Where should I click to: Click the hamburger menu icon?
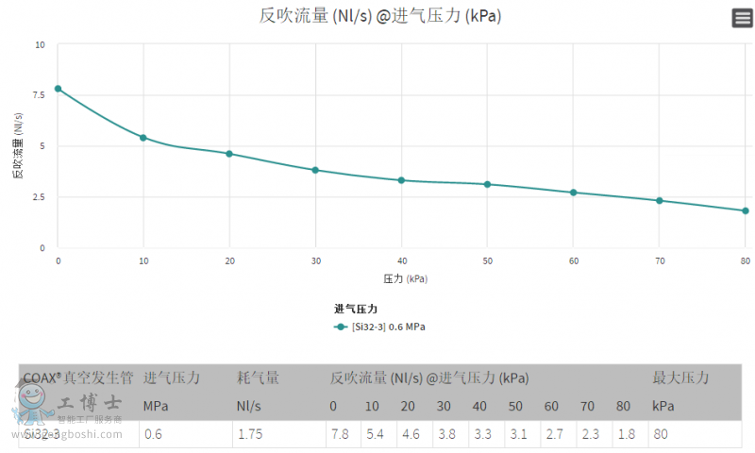742,18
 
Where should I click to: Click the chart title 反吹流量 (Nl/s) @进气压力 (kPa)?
379,16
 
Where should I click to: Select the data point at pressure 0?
58,89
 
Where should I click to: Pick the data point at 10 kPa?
143,138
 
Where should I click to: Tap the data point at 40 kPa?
401,180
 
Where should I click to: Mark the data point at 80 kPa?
745,210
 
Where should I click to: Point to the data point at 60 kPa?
573,193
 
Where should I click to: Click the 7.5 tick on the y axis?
39,95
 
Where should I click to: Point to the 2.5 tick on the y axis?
39,197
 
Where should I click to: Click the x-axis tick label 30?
315,260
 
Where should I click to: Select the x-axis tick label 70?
659,260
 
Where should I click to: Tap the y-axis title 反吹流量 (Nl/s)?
18,146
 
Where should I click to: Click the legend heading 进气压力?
356,309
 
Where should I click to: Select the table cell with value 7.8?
340,434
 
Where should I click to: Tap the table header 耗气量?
258,377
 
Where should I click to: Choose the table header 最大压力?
680,377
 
